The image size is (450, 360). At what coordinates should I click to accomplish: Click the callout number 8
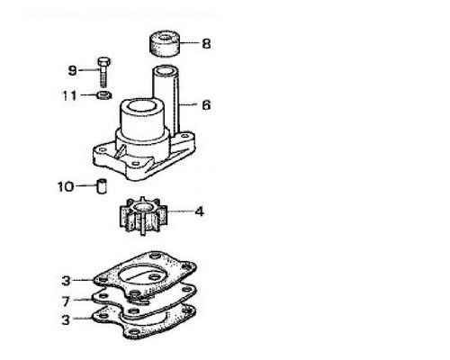206,43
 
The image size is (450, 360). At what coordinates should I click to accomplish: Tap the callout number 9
73,71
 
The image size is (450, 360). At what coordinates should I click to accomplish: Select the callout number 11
69,95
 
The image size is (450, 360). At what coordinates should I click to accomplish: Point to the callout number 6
206,105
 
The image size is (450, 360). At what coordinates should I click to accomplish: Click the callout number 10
66,186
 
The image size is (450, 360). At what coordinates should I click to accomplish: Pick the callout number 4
200,211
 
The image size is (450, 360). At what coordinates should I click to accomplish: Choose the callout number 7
67,301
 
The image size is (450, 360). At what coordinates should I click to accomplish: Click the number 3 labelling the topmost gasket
66,281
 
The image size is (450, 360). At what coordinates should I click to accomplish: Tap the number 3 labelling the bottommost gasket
66,319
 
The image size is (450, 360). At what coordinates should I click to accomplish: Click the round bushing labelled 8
165,43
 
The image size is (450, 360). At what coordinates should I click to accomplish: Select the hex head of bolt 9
103,61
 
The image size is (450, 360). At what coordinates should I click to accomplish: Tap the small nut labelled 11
104,95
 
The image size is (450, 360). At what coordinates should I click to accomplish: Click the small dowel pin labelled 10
102,186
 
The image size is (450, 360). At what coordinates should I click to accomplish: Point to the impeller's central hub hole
142,207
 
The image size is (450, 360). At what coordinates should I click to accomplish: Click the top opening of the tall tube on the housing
166,71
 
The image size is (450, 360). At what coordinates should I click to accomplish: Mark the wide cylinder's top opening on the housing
141,106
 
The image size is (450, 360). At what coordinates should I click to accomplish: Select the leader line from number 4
181,211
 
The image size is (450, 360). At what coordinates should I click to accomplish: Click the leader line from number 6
188,104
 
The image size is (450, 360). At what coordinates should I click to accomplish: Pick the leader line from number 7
82,300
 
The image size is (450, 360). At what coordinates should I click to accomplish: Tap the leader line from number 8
190,43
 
